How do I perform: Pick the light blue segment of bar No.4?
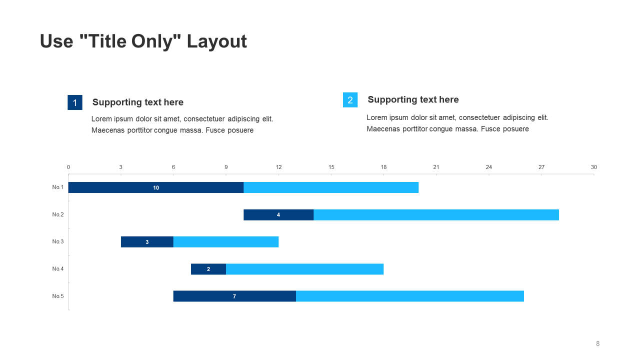(304, 269)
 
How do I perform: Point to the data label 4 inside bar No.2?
(278, 215)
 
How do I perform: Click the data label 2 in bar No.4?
(208, 269)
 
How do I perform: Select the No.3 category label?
(58, 241)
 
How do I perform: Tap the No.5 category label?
(58, 296)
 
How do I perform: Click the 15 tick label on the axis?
(331, 167)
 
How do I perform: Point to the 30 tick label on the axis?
(594, 167)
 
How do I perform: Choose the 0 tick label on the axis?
(68, 167)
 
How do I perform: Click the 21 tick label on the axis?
(436, 167)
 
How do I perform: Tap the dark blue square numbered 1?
(75, 102)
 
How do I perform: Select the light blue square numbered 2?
(350, 100)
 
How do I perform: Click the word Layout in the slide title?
(216, 41)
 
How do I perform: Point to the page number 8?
(597, 343)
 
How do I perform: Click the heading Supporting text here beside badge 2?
(413, 99)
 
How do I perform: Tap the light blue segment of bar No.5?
(410, 296)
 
